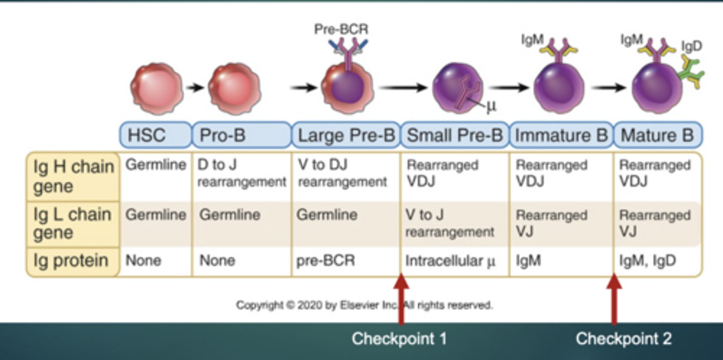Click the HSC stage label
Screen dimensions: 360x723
point(155,136)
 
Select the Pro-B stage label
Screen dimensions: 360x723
point(242,136)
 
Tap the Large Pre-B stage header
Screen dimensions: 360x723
point(346,136)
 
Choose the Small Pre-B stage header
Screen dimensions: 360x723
point(454,136)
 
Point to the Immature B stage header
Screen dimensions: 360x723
point(561,136)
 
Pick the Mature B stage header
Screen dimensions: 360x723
point(657,136)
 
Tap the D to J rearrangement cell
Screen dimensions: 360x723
point(242,174)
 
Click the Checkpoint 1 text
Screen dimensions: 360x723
point(399,338)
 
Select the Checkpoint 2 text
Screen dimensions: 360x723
point(623,338)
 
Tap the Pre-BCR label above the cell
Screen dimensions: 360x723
point(341,30)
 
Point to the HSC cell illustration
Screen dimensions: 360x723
point(156,87)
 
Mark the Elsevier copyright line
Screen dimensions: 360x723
point(365,305)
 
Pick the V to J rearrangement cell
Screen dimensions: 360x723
point(449,224)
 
